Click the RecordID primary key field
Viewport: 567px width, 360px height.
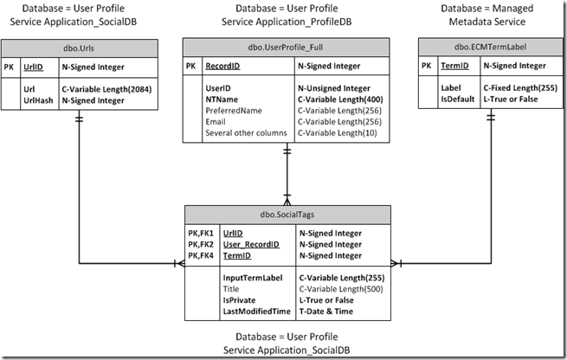pos(223,66)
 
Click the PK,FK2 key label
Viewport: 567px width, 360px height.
pos(201,244)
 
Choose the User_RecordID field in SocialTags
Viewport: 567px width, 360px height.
pos(251,244)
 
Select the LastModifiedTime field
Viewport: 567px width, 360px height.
pos(256,311)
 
